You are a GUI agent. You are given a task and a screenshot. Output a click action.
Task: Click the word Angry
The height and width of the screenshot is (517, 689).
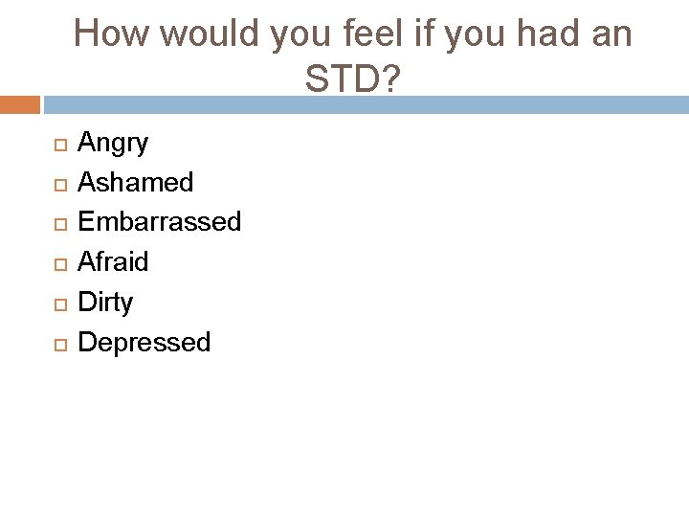pyautogui.click(x=113, y=145)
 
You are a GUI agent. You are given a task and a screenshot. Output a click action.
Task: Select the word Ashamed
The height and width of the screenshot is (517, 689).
pyautogui.click(x=135, y=182)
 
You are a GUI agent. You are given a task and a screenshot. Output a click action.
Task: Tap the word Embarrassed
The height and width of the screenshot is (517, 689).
pyautogui.click(x=159, y=222)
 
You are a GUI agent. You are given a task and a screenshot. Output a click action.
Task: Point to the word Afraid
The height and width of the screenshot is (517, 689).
pyautogui.click(x=113, y=261)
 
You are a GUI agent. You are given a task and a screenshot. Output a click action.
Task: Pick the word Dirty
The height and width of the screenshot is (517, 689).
pyautogui.click(x=105, y=303)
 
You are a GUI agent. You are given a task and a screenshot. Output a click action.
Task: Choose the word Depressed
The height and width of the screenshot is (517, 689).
pyautogui.click(x=144, y=343)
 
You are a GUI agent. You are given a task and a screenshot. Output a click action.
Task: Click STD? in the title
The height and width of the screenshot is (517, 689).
pyautogui.click(x=352, y=80)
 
